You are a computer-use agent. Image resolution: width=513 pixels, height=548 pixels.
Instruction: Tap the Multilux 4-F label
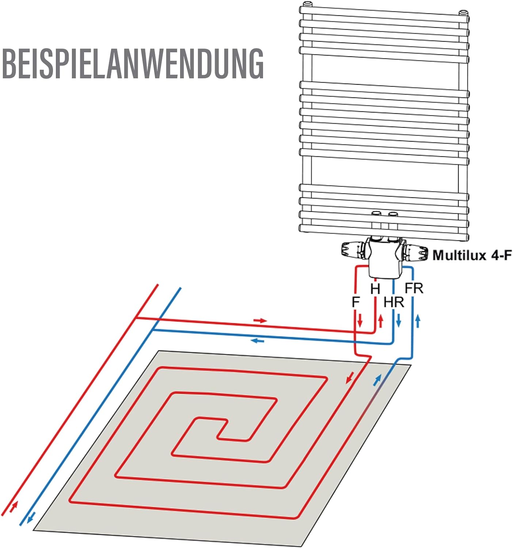472,255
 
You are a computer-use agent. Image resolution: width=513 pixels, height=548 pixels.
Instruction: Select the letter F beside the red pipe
356,302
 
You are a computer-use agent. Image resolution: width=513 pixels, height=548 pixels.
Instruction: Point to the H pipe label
375,289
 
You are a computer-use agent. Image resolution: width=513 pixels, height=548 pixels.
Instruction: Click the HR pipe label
394,302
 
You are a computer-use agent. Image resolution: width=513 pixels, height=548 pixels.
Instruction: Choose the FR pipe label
414,288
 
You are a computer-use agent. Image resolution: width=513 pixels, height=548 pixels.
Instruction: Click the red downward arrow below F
360,320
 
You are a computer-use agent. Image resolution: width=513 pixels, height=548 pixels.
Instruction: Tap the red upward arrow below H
380,321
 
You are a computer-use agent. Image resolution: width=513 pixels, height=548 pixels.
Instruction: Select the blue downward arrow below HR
398,320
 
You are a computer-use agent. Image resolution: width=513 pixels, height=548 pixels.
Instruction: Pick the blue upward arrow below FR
418,321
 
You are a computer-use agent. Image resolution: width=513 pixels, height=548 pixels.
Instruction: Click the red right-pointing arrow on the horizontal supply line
261,321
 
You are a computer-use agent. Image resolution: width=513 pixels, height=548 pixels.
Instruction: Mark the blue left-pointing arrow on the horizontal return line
257,341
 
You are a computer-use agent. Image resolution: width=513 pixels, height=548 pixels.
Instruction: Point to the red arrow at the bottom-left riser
14,506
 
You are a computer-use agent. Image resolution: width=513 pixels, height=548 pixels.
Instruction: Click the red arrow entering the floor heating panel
350,377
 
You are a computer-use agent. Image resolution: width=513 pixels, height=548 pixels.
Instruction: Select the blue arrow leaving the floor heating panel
377,381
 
